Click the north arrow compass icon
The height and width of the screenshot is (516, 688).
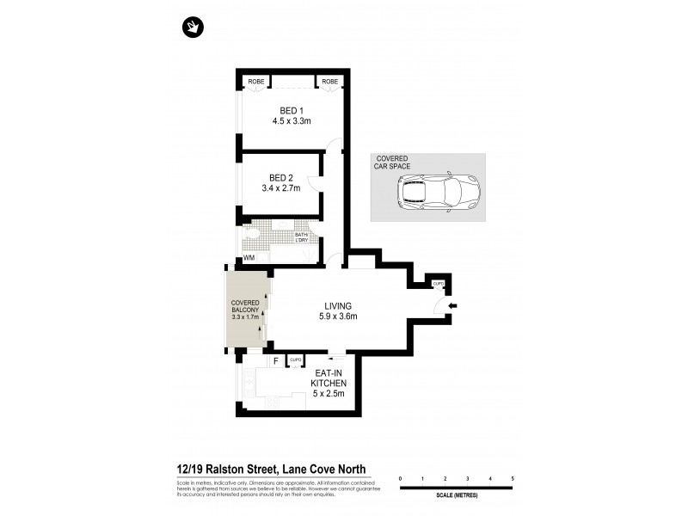[x=191, y=28]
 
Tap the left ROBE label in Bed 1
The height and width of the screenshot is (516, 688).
[x=255, y=82]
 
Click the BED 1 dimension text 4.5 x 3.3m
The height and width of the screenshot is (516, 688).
[x=292, y=122]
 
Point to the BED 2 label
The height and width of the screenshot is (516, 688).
[x=279, y=177]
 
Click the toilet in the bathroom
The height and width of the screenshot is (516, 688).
[x=251, y=233]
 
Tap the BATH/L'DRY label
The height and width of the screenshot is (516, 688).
[x=302, y=236]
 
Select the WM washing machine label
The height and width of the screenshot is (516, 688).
[x=249, y=258]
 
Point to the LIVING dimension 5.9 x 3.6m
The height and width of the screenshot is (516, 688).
[x=335, y=316]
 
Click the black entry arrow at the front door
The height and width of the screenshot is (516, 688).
[x=454, y=305]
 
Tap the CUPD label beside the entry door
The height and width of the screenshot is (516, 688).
[x=437, y=283]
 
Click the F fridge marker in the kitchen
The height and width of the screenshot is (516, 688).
[x=275, y=362]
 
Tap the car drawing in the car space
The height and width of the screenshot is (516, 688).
[x=438, y=193]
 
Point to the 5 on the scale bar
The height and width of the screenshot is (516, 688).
[x=513, y=477]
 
